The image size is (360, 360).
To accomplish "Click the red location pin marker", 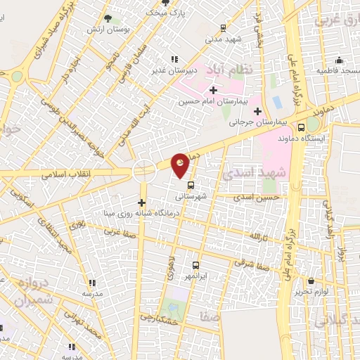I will click(x=181, y=165).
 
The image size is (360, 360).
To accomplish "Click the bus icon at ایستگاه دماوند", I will click(x=302, y=127).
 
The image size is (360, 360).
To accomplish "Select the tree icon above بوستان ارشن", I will click(x=107, y=19).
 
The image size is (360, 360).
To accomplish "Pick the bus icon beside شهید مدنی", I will click(x=223, y=28).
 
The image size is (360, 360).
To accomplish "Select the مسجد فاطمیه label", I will click(x=339, y=72).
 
